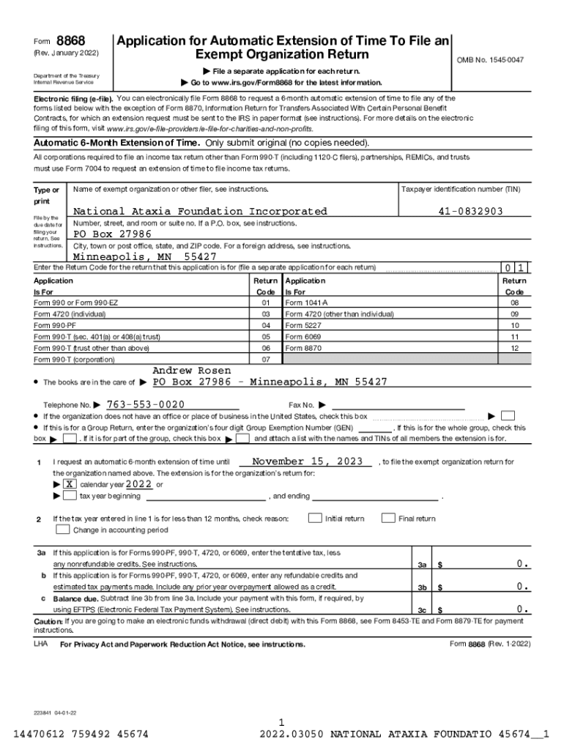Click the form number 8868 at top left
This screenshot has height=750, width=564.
tap(70, 40)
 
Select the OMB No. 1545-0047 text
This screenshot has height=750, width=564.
tap(490, 59)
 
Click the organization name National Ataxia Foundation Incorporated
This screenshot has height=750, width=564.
tap(200, 212)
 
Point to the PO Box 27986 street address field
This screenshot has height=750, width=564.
tap(112, 234)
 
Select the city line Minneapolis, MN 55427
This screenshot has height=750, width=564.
tap(144, 257)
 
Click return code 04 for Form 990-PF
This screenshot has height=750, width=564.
tap(266, 325)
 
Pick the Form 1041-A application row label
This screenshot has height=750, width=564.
tap(306, 302)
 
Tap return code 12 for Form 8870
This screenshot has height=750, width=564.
tap(514, 348)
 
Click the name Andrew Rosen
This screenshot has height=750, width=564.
tap(191, 371)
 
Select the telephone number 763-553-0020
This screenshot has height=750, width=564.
tap(145, 405)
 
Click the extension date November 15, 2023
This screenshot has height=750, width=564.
tap(307, 462)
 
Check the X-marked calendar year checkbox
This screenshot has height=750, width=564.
tap(70, 485)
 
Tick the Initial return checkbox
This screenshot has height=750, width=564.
tap(314, 519)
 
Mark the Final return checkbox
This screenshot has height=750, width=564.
tap(388, 519)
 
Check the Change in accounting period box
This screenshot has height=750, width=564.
tap(63, 530)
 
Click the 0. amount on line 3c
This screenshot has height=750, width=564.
tap(522, 609)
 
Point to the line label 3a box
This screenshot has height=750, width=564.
tap(422, 565)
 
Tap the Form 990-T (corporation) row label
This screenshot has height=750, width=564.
tap(74, 360)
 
